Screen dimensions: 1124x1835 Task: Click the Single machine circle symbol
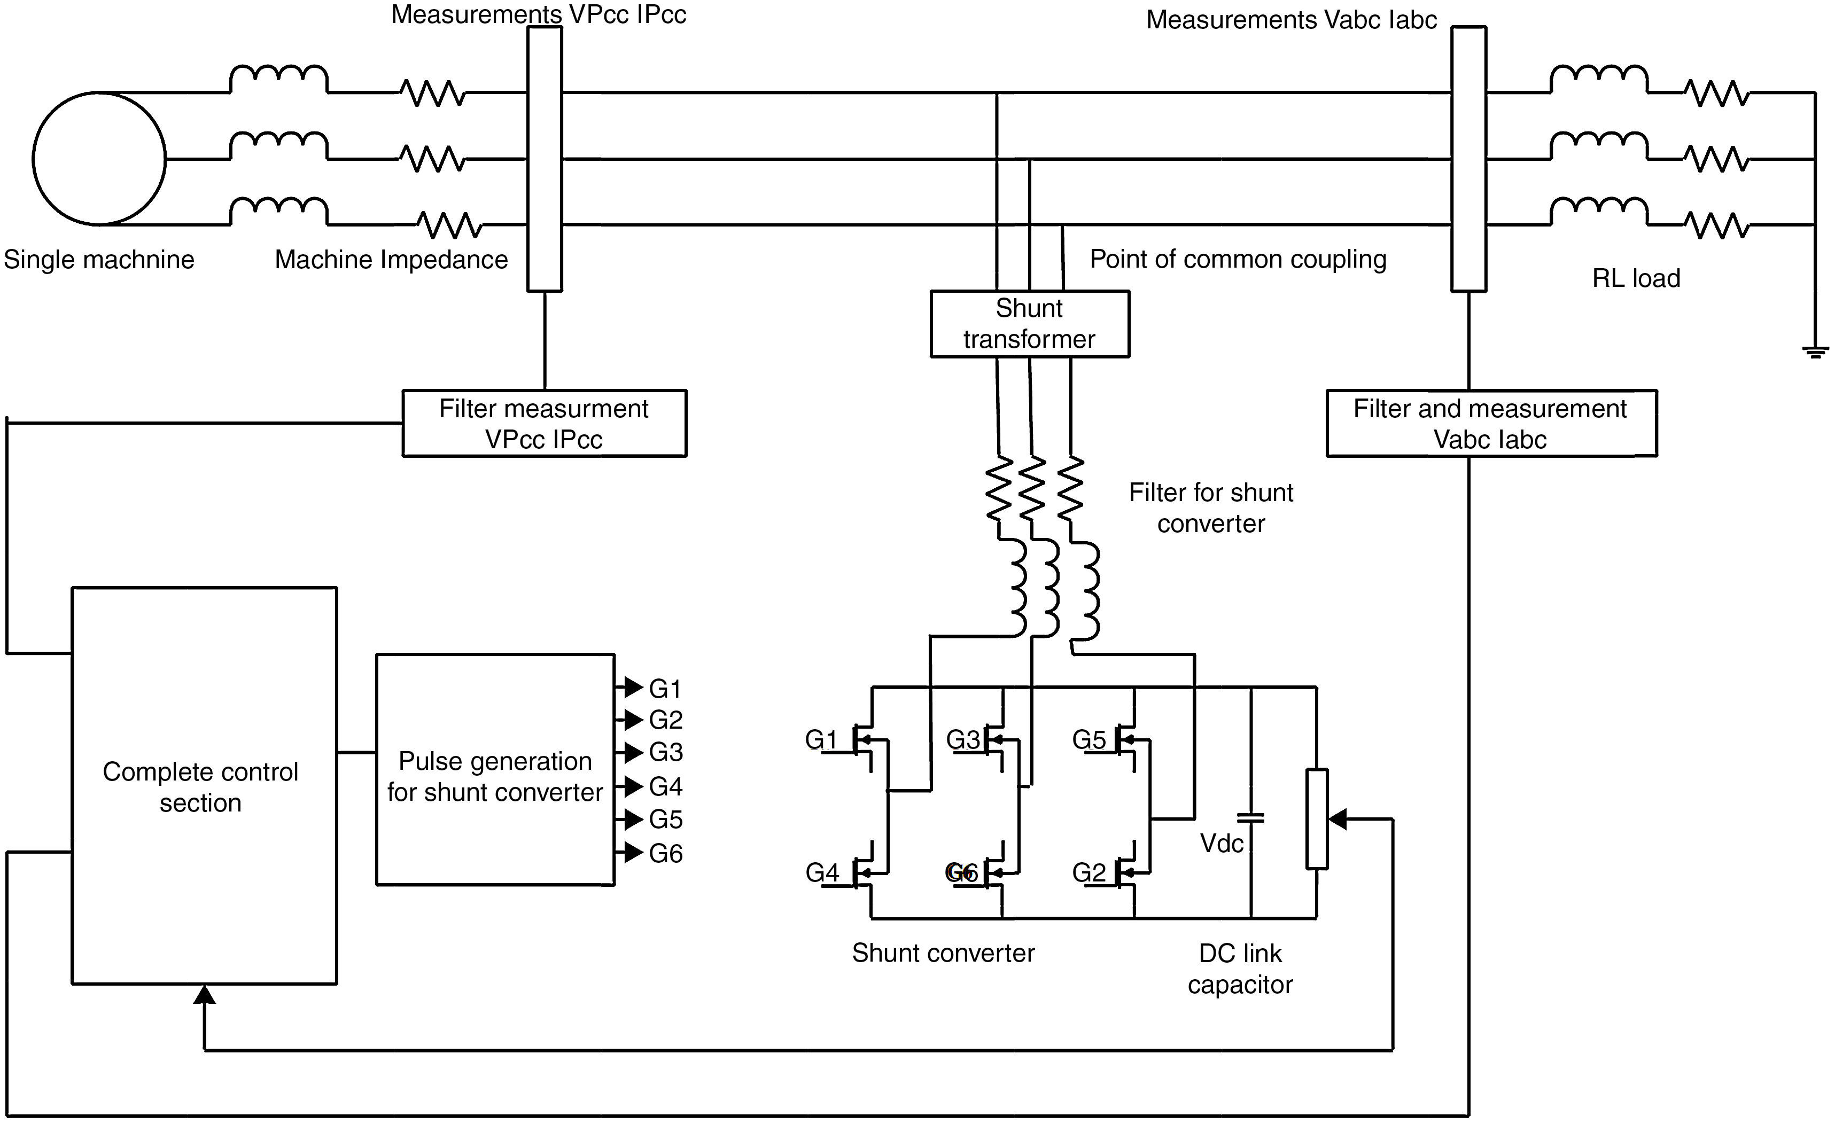99,159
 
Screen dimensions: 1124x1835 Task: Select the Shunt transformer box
1029,324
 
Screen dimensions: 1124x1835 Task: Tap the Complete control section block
204,785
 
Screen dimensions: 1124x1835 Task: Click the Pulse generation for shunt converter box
495,770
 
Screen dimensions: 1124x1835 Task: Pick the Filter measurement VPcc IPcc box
545,424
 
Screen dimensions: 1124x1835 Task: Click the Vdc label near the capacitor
1222,844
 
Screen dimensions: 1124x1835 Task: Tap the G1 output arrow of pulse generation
632,687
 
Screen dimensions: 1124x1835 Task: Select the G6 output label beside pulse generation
666,854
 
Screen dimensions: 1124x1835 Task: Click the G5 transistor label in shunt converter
1089,740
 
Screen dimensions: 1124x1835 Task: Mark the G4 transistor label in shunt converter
822,872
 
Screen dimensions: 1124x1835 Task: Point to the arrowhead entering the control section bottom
204,995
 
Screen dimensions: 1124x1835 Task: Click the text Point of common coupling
1238,259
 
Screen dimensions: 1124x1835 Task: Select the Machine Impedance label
391,260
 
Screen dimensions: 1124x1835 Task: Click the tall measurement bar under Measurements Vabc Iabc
1468,159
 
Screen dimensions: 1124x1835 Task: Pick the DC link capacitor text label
1240,969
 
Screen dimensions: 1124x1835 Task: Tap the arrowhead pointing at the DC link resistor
1338,819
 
